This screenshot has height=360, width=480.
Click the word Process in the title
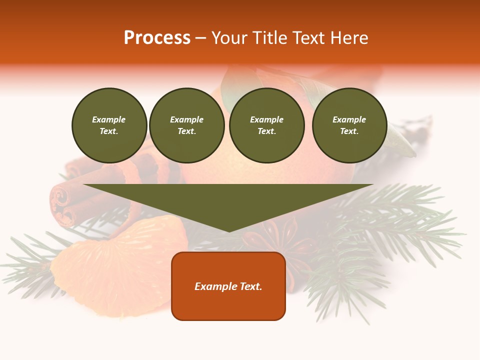coord(157,38)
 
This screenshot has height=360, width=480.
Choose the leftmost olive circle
coord(109,125)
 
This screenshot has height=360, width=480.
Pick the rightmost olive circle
coord(349,125)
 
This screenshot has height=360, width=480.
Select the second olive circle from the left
coord(187,125)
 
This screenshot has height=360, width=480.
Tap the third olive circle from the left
coord(267,125)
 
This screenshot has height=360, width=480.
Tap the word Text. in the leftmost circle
coord(109,131)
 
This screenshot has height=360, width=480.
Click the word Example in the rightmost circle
coord(349,119)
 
